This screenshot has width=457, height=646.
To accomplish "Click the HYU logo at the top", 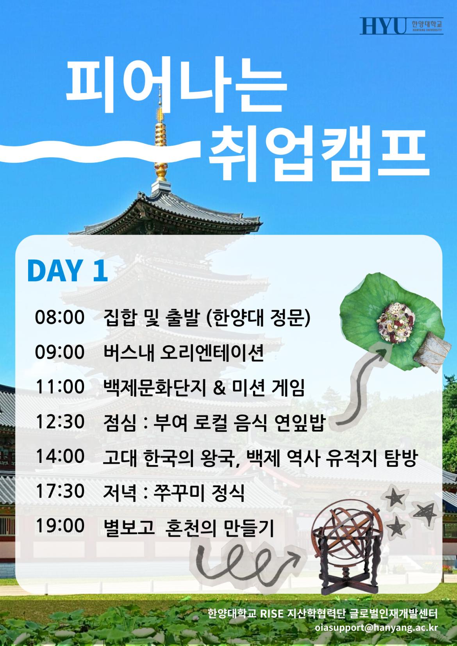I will [402, 26].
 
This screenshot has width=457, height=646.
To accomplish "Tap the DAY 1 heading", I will [67, 270].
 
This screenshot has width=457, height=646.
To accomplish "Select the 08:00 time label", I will [60, 318].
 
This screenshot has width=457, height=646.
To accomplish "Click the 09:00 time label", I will [60, 352].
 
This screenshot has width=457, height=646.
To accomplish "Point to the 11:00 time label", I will [60, 387].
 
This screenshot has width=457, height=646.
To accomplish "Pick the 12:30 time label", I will [60, 421].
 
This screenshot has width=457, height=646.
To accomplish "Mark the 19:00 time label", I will [60, 525].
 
